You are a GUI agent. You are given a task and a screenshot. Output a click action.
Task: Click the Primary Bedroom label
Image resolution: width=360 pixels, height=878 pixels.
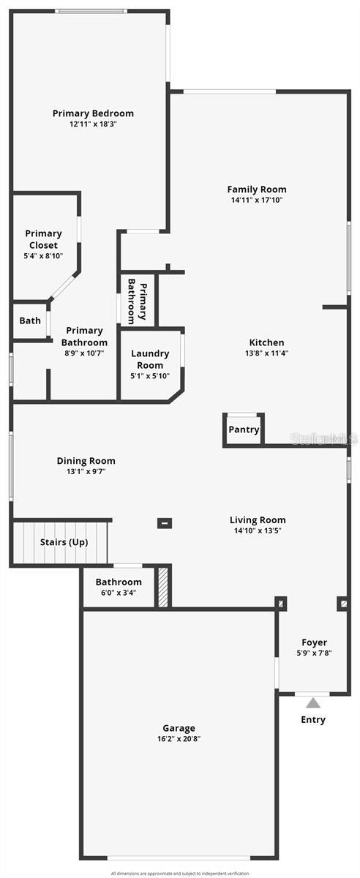coord(93,113)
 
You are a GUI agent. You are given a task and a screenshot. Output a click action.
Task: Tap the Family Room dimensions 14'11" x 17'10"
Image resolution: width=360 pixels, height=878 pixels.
coord(256,200)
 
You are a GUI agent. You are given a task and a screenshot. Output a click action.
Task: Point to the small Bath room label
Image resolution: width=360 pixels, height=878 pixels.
coord(30,320)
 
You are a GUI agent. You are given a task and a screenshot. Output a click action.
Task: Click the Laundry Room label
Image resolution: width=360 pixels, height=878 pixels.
coord(150,359)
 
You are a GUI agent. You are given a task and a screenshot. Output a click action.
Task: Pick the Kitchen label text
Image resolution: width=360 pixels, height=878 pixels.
coord(266,342)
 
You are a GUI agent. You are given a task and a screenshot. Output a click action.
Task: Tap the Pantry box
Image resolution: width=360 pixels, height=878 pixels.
coord(244,429)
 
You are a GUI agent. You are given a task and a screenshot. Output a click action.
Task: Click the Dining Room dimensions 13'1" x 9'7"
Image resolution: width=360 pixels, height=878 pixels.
coord(86,472)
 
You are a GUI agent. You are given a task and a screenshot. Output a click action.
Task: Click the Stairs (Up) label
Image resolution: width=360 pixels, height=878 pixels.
coord(64,542)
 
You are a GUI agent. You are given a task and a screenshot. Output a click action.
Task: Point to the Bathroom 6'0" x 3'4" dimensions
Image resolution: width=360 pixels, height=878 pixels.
coord(119,593)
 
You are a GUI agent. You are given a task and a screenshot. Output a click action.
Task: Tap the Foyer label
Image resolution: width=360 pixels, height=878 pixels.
coord(314,642)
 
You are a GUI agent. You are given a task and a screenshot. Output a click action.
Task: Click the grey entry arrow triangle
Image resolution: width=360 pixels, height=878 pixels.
coord(313,703)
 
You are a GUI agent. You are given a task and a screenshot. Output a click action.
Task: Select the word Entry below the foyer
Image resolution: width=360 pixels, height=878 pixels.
coord(313,720)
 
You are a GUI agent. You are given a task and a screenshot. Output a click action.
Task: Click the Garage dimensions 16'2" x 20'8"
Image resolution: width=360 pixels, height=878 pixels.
coord(179,739)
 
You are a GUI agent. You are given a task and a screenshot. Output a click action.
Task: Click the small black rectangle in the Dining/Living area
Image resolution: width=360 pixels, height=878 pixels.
coord(165,522)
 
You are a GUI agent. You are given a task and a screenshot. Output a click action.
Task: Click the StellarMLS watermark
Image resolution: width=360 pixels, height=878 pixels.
coord(325,439)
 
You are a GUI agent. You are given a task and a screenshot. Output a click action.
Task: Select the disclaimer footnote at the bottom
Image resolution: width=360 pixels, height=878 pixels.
coord(180,873)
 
